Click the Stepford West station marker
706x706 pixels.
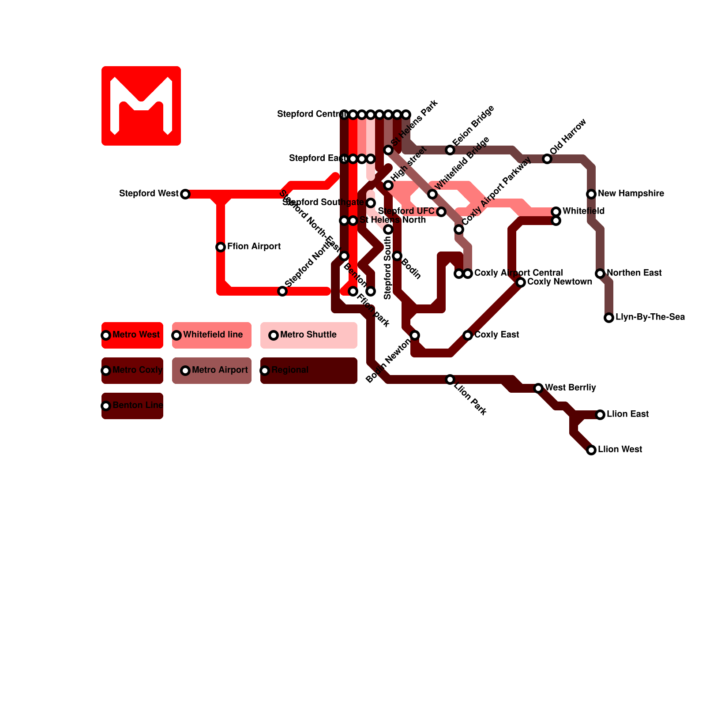[x=185, y=194]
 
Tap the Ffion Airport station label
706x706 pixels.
[x=254, y=246]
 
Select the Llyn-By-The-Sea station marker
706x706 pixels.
[x=609, y=318]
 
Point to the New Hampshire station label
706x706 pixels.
[x=631, y=193]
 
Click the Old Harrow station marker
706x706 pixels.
[x=547, y=159]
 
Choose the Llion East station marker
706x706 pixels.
[x=600, y=415]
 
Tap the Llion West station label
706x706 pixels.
[x=620, y=449]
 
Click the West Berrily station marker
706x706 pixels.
[x=538, y=388]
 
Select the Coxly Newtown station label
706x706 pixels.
[x=560, y=282]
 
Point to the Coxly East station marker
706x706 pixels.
[x=468, y=335]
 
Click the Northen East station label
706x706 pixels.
[x=634, y=273]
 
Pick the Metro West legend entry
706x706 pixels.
[x=132, y=335]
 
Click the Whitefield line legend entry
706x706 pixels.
[x=212, y=335]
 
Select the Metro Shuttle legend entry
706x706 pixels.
[x=308, y=335]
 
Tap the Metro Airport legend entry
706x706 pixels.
[x=212, y=371]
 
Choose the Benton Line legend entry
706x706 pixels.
[x=132, y=406]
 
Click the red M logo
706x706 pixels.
[x=141, y=106]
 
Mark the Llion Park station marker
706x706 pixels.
[x=450, y=379]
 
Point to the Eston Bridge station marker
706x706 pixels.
[x=450, y=150]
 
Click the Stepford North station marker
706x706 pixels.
[x=282, y=291]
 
